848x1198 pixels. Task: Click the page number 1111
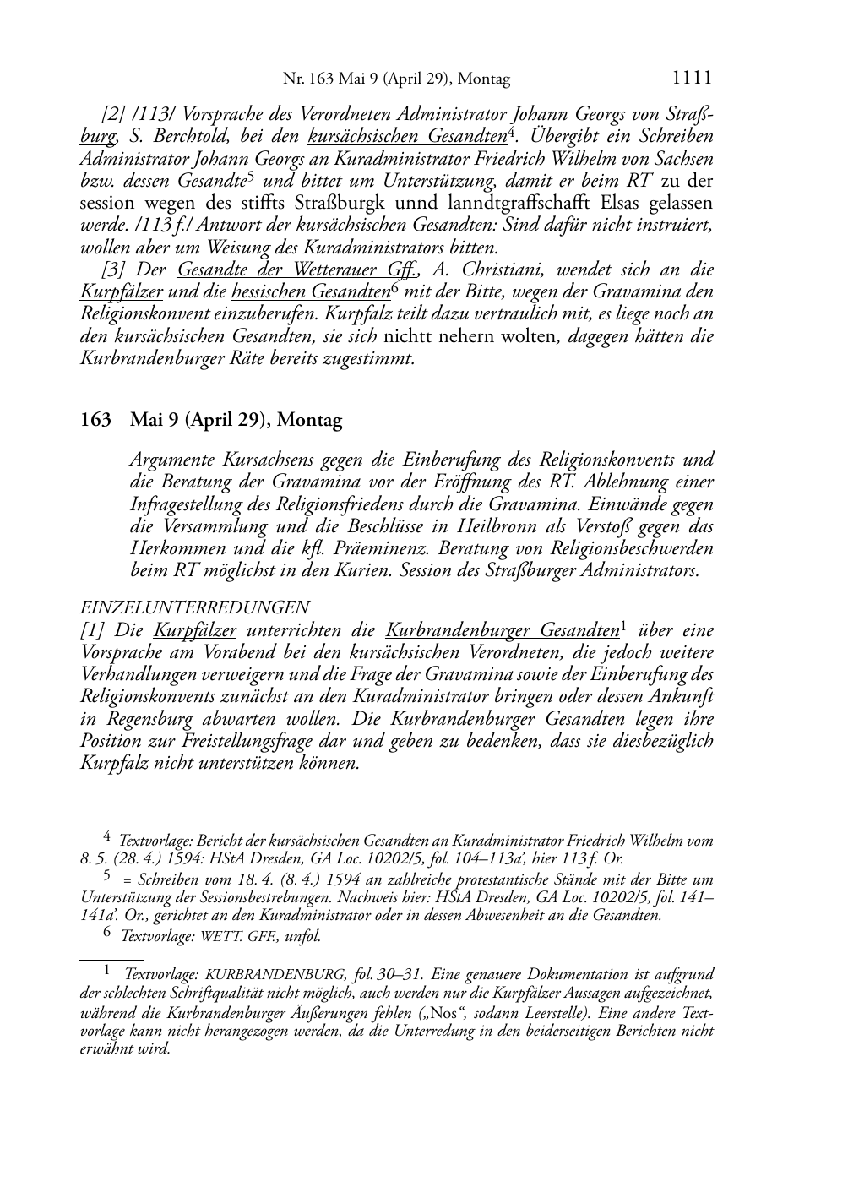[x=692, y=78]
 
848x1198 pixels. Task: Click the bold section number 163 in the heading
[x=95, y=420]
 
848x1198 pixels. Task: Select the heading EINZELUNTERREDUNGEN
[x=194, y=607]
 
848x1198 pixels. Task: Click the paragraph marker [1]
[x=90, y=630]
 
